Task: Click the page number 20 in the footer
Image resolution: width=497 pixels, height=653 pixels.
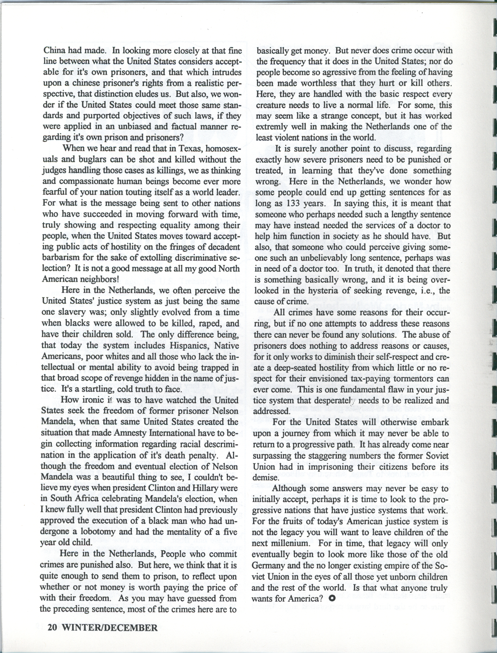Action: coord(52,626)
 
